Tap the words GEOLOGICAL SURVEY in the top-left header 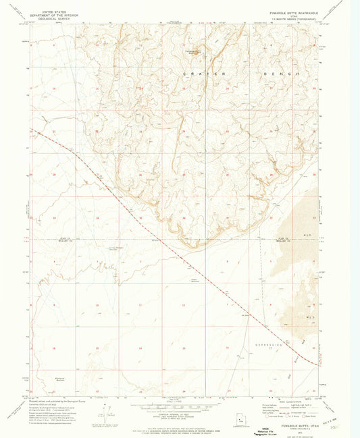[56, 20]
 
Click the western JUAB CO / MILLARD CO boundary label [64, 240]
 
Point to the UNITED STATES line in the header [56, 11]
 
